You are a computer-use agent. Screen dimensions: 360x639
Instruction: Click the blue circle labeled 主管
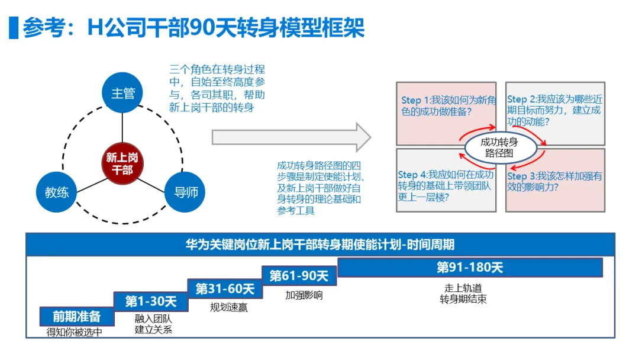pos(123,93)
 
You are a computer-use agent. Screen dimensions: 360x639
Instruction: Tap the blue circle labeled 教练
pos(57,192)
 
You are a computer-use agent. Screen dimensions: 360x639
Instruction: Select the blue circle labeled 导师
pos(185,192)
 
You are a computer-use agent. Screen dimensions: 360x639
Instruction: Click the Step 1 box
pos(446,107)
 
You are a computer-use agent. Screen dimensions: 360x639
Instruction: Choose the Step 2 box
pos(555,107)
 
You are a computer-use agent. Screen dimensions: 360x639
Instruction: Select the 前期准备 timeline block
pos(76,317)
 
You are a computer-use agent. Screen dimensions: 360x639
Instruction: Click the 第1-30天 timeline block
pos(151,302)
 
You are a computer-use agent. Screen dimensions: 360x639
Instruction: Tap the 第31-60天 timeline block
pos(225,288)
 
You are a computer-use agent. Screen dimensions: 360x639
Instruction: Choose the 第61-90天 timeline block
pos(299,275)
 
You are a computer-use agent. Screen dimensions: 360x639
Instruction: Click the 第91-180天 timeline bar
pos(470,268)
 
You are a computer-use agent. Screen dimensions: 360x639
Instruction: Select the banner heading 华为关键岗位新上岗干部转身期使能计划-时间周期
pos(320,245)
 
